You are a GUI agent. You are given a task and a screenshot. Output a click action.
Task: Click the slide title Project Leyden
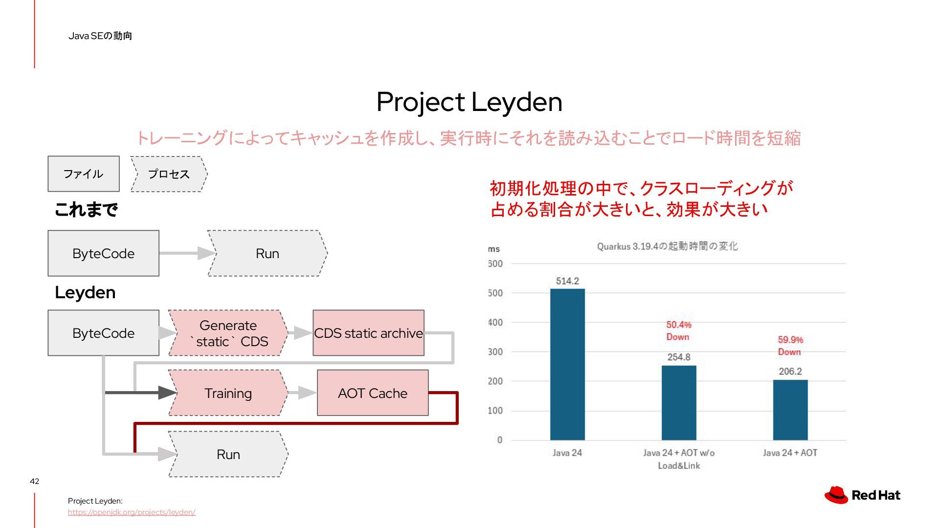(x=469, y=102)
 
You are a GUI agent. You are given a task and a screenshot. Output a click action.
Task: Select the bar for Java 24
(x=567, y=364)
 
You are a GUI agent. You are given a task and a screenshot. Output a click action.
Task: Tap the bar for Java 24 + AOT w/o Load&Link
(x=679, y=403)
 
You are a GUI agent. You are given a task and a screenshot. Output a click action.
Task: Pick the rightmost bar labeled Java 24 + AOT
(x=790, y=410)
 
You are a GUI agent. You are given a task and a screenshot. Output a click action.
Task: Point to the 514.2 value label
(x=567, y=281)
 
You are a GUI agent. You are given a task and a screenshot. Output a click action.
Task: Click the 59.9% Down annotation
(x=790, y=346)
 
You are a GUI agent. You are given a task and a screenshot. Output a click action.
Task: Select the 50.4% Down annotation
(x=679, y=330)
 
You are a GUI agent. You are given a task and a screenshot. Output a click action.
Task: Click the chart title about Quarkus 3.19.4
(x=667, y=246)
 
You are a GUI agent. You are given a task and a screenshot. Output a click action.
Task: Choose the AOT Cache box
(x=373, y=393)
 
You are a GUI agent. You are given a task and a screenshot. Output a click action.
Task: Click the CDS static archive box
(x=368, y=333)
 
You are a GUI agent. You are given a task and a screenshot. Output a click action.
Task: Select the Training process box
(x=228, y=393)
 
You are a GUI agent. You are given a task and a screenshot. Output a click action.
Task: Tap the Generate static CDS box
(x=228, y=333)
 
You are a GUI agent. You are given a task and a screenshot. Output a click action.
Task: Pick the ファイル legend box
(x=84, y=174)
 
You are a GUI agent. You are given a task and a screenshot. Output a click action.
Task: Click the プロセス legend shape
(x=169, y=174)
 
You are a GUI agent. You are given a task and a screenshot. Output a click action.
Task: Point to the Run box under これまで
(x=268, y=253)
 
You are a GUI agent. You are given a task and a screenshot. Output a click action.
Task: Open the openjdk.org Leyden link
(x=132, y=512)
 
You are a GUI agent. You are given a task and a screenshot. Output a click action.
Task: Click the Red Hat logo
(x=862, y=495)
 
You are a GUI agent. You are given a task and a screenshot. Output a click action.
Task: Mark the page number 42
(x=34, y=481)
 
